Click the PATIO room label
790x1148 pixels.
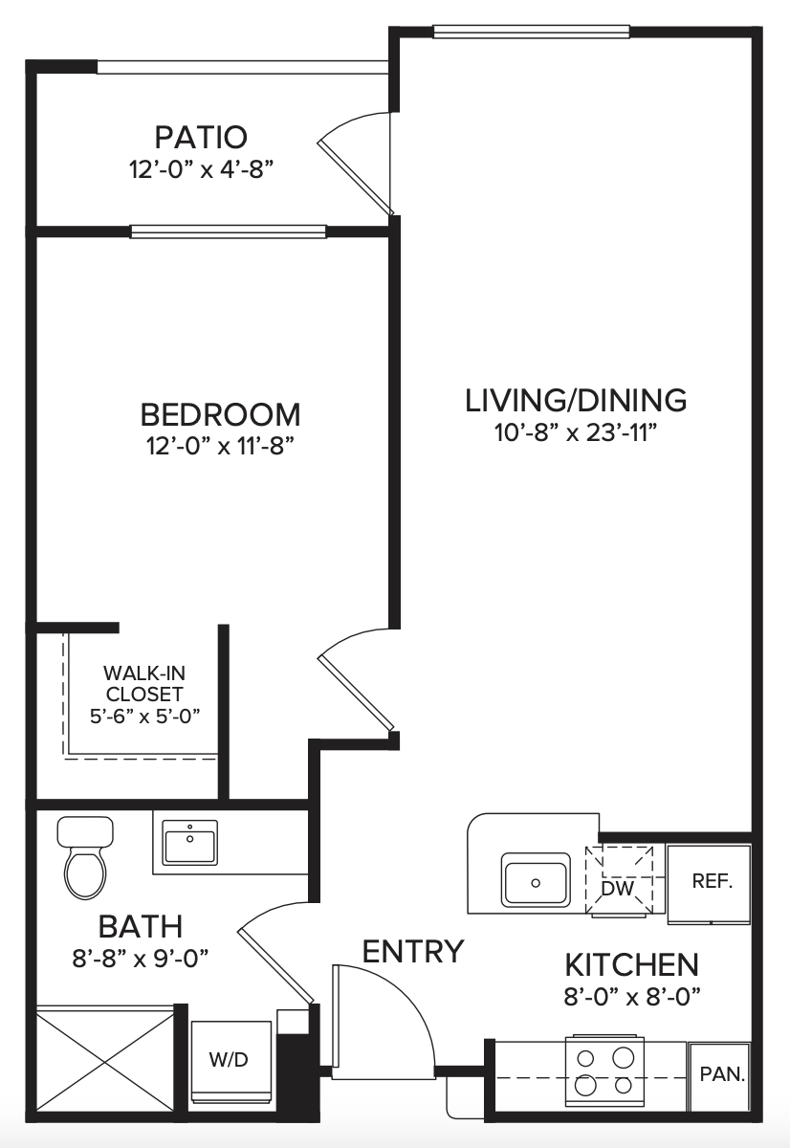201,137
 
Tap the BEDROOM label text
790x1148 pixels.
220,414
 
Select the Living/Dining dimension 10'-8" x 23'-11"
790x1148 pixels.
576,433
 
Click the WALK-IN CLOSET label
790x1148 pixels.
144,683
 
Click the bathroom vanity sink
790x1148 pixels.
190,842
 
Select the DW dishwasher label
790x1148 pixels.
617,888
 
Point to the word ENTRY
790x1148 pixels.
413,951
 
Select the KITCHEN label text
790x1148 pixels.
631,965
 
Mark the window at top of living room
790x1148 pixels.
531,32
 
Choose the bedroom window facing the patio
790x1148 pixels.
228,232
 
